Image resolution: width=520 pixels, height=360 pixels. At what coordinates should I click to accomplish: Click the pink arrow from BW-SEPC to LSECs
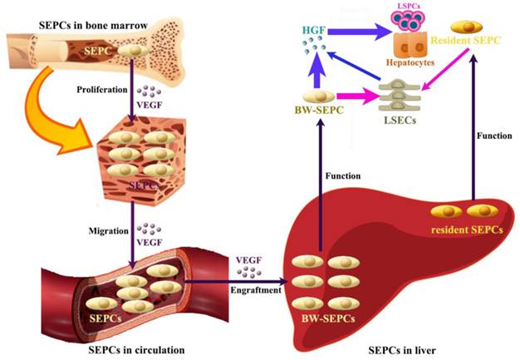click(x=365, y=98)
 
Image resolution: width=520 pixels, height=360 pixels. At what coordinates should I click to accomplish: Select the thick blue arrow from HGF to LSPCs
click(x=357, y=32)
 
